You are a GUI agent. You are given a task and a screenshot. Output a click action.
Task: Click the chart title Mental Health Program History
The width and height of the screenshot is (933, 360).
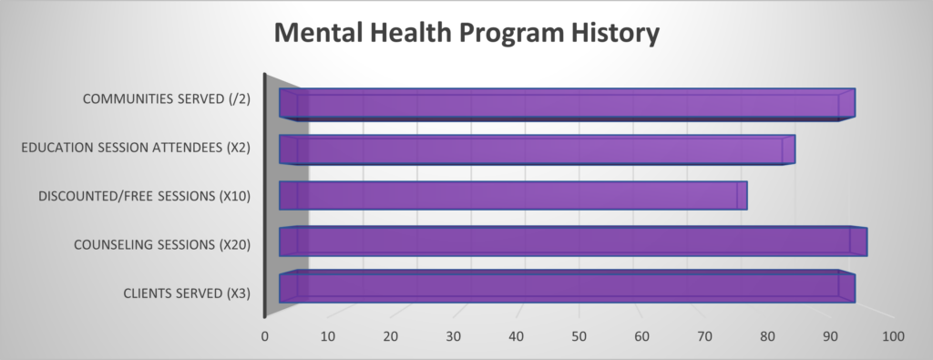click(466, 34)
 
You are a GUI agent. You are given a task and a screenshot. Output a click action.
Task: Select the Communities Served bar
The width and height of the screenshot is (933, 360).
click(565, 104)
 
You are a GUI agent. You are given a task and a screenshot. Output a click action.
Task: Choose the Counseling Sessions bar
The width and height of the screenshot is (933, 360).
click(572, 242)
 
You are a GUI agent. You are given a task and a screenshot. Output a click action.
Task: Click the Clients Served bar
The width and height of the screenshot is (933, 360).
click(565, 287)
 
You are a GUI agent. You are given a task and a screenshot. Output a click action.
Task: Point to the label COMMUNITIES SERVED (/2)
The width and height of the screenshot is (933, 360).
click(167, 99)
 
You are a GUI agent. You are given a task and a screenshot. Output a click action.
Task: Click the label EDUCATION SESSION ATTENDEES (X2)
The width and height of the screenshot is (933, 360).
click(136, 148)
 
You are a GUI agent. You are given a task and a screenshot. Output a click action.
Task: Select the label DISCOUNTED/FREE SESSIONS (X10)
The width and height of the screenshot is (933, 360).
click(146, 196)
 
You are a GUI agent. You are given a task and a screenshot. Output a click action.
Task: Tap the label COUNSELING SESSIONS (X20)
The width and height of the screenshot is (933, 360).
click(162, 244)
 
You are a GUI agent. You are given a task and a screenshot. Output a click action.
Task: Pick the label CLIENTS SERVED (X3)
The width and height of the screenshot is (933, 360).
click(186, 293)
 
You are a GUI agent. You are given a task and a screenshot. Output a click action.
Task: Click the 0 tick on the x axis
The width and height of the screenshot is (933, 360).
click(265, 336)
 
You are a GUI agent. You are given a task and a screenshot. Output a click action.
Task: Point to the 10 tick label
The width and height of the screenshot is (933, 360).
click(328, 336)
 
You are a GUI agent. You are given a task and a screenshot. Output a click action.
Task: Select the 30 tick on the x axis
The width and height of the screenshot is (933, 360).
click(454, 336)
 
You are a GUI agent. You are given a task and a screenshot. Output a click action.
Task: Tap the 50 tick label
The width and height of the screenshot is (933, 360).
click(579, 336)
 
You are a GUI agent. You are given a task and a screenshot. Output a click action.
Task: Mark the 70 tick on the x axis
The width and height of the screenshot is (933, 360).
click(705, 336)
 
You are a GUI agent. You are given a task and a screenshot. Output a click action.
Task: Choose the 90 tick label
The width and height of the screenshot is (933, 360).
click(831, 336)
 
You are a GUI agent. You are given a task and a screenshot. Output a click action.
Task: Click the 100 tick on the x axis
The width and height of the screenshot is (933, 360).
click(893, 336)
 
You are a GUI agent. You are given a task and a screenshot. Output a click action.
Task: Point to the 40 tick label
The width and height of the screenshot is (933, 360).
click(517, 336)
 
